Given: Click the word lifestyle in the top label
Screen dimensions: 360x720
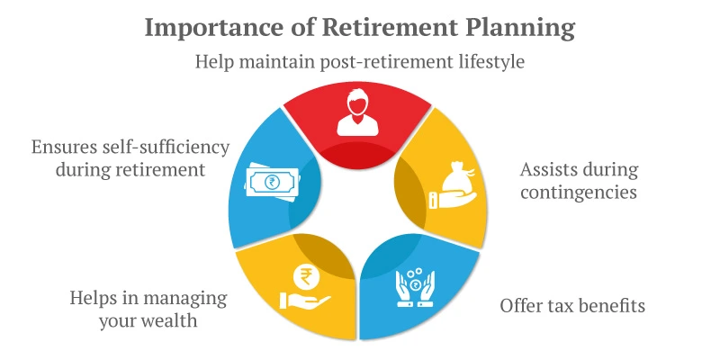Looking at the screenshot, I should (486, 62).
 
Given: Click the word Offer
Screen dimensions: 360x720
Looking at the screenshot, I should (521, 306).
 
